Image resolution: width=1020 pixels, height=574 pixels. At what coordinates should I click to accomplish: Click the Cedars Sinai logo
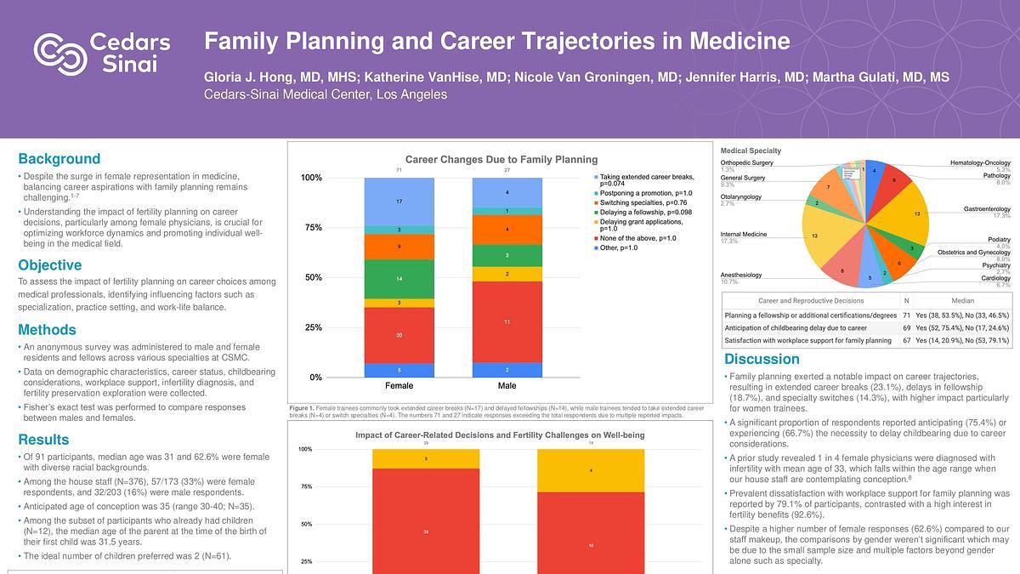click(x=102, y=53)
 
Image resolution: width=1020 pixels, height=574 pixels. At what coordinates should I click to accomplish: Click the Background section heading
click(x=59, y=159)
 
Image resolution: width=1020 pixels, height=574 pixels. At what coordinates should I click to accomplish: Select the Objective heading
click(x=49, y=265)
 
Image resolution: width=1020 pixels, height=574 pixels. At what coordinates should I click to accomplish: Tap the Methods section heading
click(x=47, y=330)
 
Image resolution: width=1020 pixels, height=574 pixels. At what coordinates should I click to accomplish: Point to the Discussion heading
click(x=762, y=359)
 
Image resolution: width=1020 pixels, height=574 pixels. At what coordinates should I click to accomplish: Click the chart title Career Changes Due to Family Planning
click(x=501, y=159)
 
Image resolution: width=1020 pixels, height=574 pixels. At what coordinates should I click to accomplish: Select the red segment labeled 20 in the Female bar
click(x=399, y=335)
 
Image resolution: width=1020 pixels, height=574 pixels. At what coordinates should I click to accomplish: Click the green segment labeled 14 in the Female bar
click(x=399, y=279)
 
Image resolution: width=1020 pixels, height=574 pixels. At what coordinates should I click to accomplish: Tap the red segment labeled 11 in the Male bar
click(x=507, y=322)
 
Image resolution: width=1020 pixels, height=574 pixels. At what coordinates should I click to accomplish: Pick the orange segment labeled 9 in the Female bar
click(x=399, y=247)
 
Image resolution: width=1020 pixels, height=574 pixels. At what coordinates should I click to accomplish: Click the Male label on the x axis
click(x=507, y=386)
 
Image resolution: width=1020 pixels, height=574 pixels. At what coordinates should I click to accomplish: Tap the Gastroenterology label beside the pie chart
click(x=986, y=209)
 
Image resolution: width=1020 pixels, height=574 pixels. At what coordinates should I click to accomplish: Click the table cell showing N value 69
click(x=906, y=327)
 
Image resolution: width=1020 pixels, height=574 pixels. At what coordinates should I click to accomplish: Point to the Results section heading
click(x=43, y=440)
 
